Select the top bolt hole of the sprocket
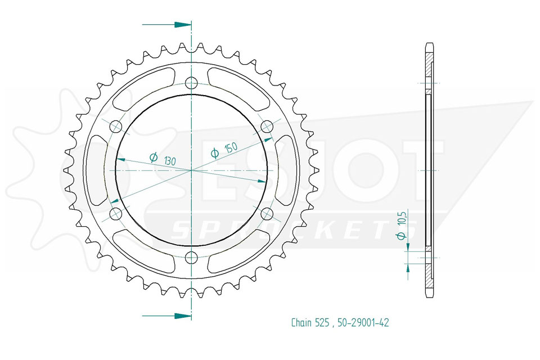coord(191,83)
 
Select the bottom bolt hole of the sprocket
coord(191,257)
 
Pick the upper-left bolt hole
coord(116,127)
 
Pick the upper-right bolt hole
coord(267,127)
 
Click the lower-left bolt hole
coord(116,214)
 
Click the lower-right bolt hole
coord(267,214)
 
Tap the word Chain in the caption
coord(301,322)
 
